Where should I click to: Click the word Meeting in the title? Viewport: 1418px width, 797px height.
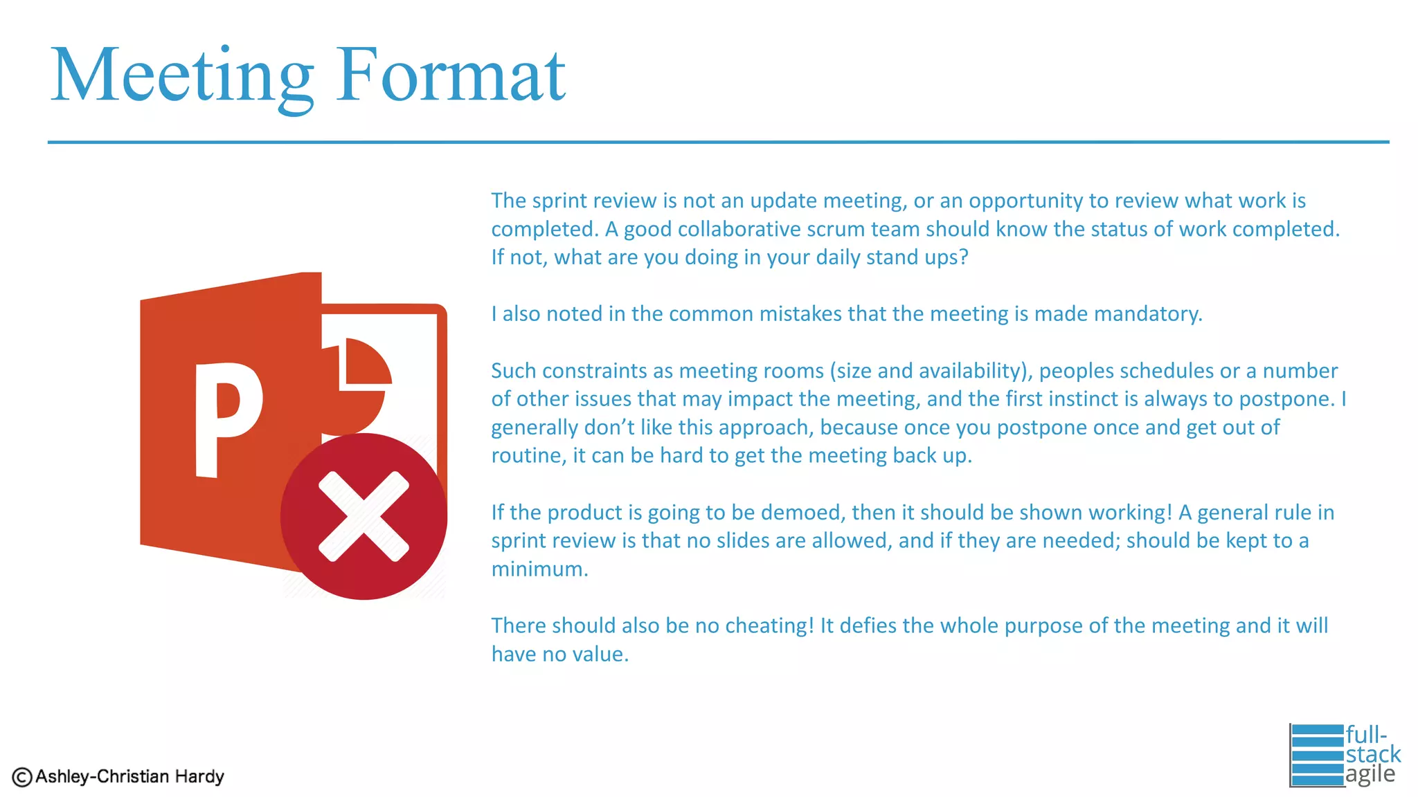pos(182,75)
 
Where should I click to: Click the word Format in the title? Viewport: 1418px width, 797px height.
pos(451,75)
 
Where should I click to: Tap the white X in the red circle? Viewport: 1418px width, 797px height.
pos(364,516)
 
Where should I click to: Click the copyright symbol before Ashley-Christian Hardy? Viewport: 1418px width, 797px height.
pos(22,778)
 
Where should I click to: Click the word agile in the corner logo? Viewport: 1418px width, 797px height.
pos(1370,774)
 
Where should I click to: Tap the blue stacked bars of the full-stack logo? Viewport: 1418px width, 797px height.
pos(1317,755)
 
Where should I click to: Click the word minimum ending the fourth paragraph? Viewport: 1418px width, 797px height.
pos(539,569)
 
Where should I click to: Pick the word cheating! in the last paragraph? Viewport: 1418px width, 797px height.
pos(769,626)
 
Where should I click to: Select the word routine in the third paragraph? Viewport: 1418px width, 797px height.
pos(528,456)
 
